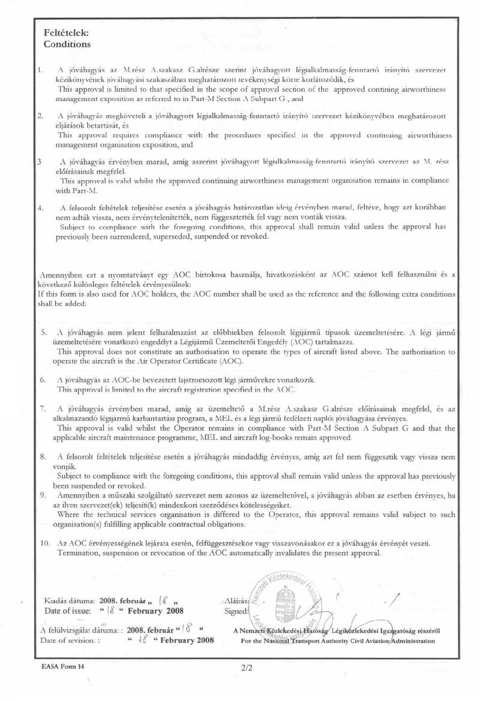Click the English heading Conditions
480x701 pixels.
click(67, 44)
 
